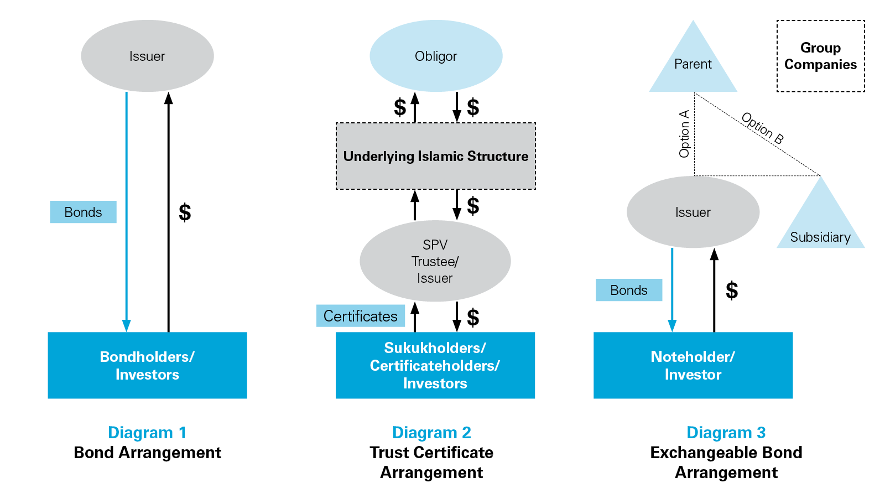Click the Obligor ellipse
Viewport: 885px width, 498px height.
tap(436, 56)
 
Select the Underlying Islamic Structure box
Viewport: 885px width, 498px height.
tap(436, 156)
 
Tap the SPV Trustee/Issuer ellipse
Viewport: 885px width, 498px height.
tap(435, 261)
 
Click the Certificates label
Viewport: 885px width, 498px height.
tap(361, 316)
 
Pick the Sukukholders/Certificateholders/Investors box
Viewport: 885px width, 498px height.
tap(435, 365)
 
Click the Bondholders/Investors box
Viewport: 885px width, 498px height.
tap(147, 365)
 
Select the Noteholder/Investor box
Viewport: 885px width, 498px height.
tap(693, 365)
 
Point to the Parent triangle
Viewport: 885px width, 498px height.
tap(693, 64)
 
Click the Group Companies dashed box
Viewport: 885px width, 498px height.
tap(821, 56)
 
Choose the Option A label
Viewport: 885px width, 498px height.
tap(684, 134)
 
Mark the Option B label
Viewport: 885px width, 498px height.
tap(762, 128)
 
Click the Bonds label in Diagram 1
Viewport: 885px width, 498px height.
tap(83, 212)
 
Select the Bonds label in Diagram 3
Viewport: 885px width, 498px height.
tap(629, 290)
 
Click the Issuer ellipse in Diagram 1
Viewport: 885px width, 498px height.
tap(147, 56)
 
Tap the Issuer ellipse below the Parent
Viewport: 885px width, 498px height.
tap(693, 212)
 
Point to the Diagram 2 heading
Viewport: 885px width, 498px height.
tap(431, 432)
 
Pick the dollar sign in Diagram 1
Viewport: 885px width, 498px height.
tap(185, 212)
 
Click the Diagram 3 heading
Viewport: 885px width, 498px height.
tap(726, 432)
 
